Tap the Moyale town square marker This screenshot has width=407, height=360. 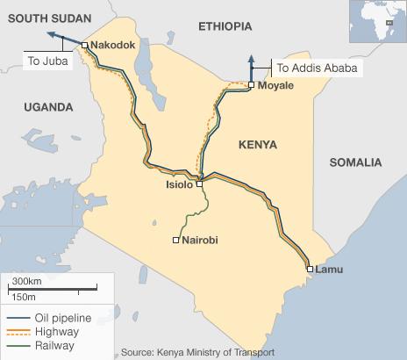[x=250, y=85]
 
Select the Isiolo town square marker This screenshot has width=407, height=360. [x=200, y=184]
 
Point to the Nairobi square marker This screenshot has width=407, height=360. [x=175, y=240]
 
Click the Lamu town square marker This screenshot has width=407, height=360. [x=309, y=269]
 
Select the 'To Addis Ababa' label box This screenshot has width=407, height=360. [x=318, y=67]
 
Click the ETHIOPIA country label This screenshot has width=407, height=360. [x=225, y=27]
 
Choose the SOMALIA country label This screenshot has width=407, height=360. [x=355, y=162]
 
